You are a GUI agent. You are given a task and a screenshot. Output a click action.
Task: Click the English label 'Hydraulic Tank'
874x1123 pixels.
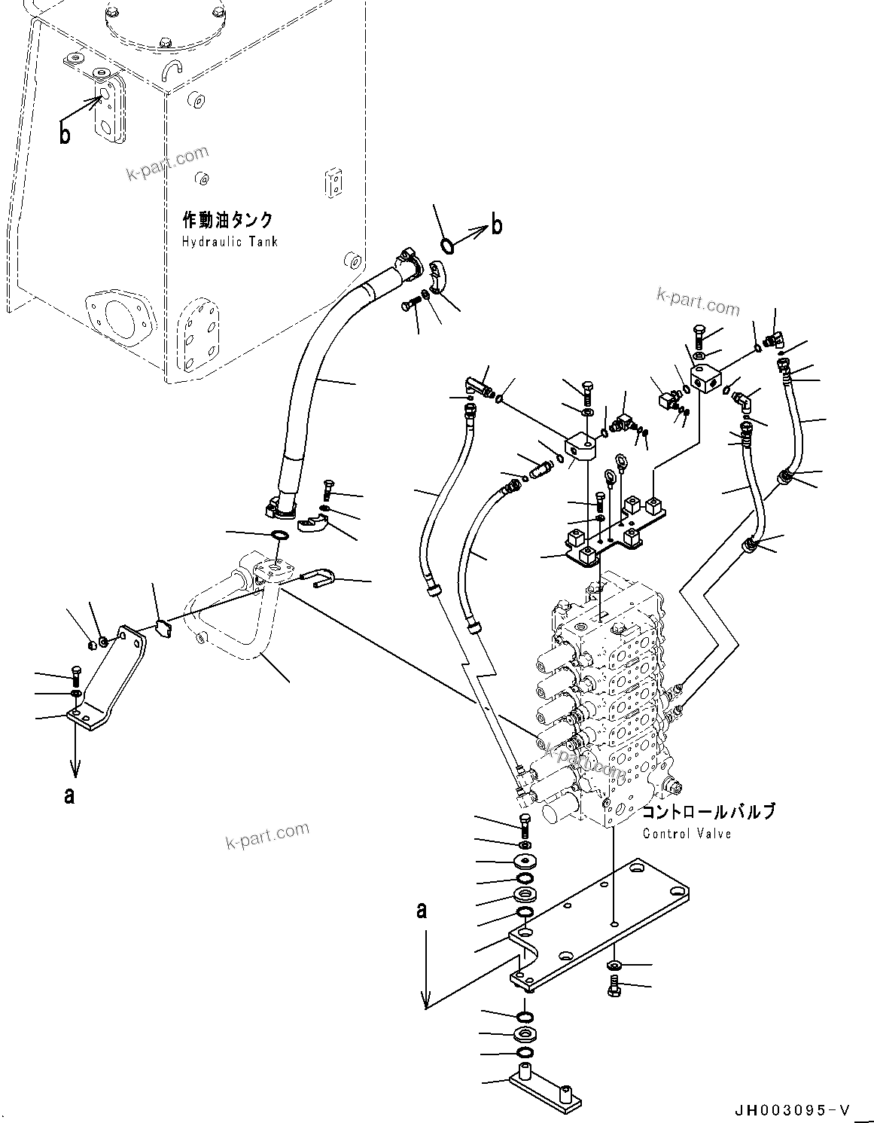click(x=229, y=242)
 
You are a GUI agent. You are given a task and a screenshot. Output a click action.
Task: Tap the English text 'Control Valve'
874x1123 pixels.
click(x=687, y=834)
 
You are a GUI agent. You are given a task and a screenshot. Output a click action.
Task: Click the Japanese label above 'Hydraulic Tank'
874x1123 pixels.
click(x=227, y=221)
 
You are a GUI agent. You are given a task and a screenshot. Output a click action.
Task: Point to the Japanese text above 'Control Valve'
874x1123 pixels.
click(x=707, y=813)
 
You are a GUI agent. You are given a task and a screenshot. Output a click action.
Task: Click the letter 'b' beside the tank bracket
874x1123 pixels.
click(x=65, y=136)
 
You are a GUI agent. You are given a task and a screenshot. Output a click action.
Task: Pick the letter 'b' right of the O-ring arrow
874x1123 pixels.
click(x=497, y=225)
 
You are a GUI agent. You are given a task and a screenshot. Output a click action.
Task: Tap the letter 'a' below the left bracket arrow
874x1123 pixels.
click(x=69, y=795)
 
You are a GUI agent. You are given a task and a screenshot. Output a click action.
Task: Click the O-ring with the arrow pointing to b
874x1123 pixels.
click(x=446, y=245)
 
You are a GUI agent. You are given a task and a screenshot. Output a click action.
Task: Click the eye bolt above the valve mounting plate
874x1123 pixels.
click(x=621, y=462)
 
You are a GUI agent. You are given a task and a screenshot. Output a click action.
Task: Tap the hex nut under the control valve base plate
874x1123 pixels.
click(x=614, y=966)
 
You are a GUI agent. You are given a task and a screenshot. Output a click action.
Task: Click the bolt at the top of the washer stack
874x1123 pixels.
click(x=525, y=823)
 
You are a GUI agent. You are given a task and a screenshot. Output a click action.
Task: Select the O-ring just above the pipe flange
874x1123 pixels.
click(x=279, y=536)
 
